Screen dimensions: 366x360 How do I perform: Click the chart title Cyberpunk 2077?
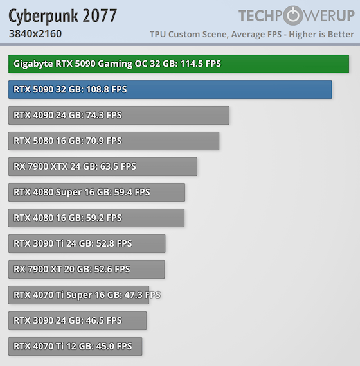[62, 15]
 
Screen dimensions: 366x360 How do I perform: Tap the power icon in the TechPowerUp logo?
[292, 16]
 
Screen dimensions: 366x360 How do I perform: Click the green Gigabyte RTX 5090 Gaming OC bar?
[178, 64]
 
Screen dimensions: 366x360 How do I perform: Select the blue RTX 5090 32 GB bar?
[170, 89]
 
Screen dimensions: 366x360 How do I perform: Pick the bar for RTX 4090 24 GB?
[118, 115]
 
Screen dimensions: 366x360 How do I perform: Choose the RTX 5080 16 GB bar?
[113, 141]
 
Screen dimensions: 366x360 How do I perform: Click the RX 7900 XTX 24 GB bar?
[102, 166]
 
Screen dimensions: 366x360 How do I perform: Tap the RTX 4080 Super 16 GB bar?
[96, 192]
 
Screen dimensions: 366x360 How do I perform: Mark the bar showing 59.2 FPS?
[96, 218]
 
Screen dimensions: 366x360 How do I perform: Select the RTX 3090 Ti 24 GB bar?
[86, 243]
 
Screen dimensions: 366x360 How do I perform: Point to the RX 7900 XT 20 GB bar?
[86, 269]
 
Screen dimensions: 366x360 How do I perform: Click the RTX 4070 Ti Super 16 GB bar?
[78, 295]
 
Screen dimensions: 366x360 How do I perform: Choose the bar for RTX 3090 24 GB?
[77, 320]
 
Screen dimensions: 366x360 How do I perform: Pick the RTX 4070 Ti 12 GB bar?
[75, 346]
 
